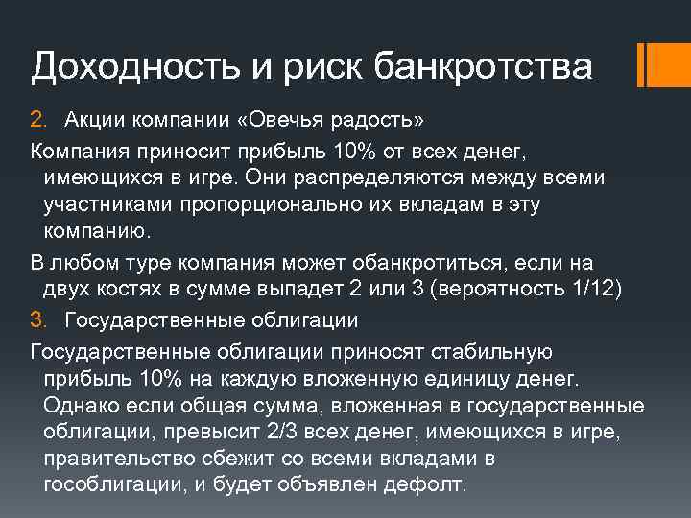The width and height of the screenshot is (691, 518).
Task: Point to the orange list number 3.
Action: tap(37, 318)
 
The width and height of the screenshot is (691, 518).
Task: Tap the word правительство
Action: tap(108, 457)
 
